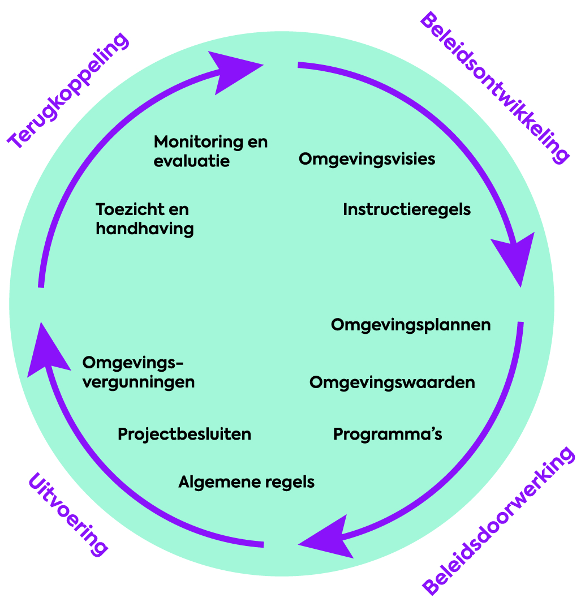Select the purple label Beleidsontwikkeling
point(493,87)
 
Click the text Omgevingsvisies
point(367,159)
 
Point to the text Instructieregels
point(406,209)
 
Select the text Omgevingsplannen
point(410,325)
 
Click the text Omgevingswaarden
point(392,382)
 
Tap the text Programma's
point(387,434)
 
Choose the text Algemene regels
point(246,482)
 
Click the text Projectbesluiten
point(184,434)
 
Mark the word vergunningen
point(139,382)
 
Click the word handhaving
point(144,229)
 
